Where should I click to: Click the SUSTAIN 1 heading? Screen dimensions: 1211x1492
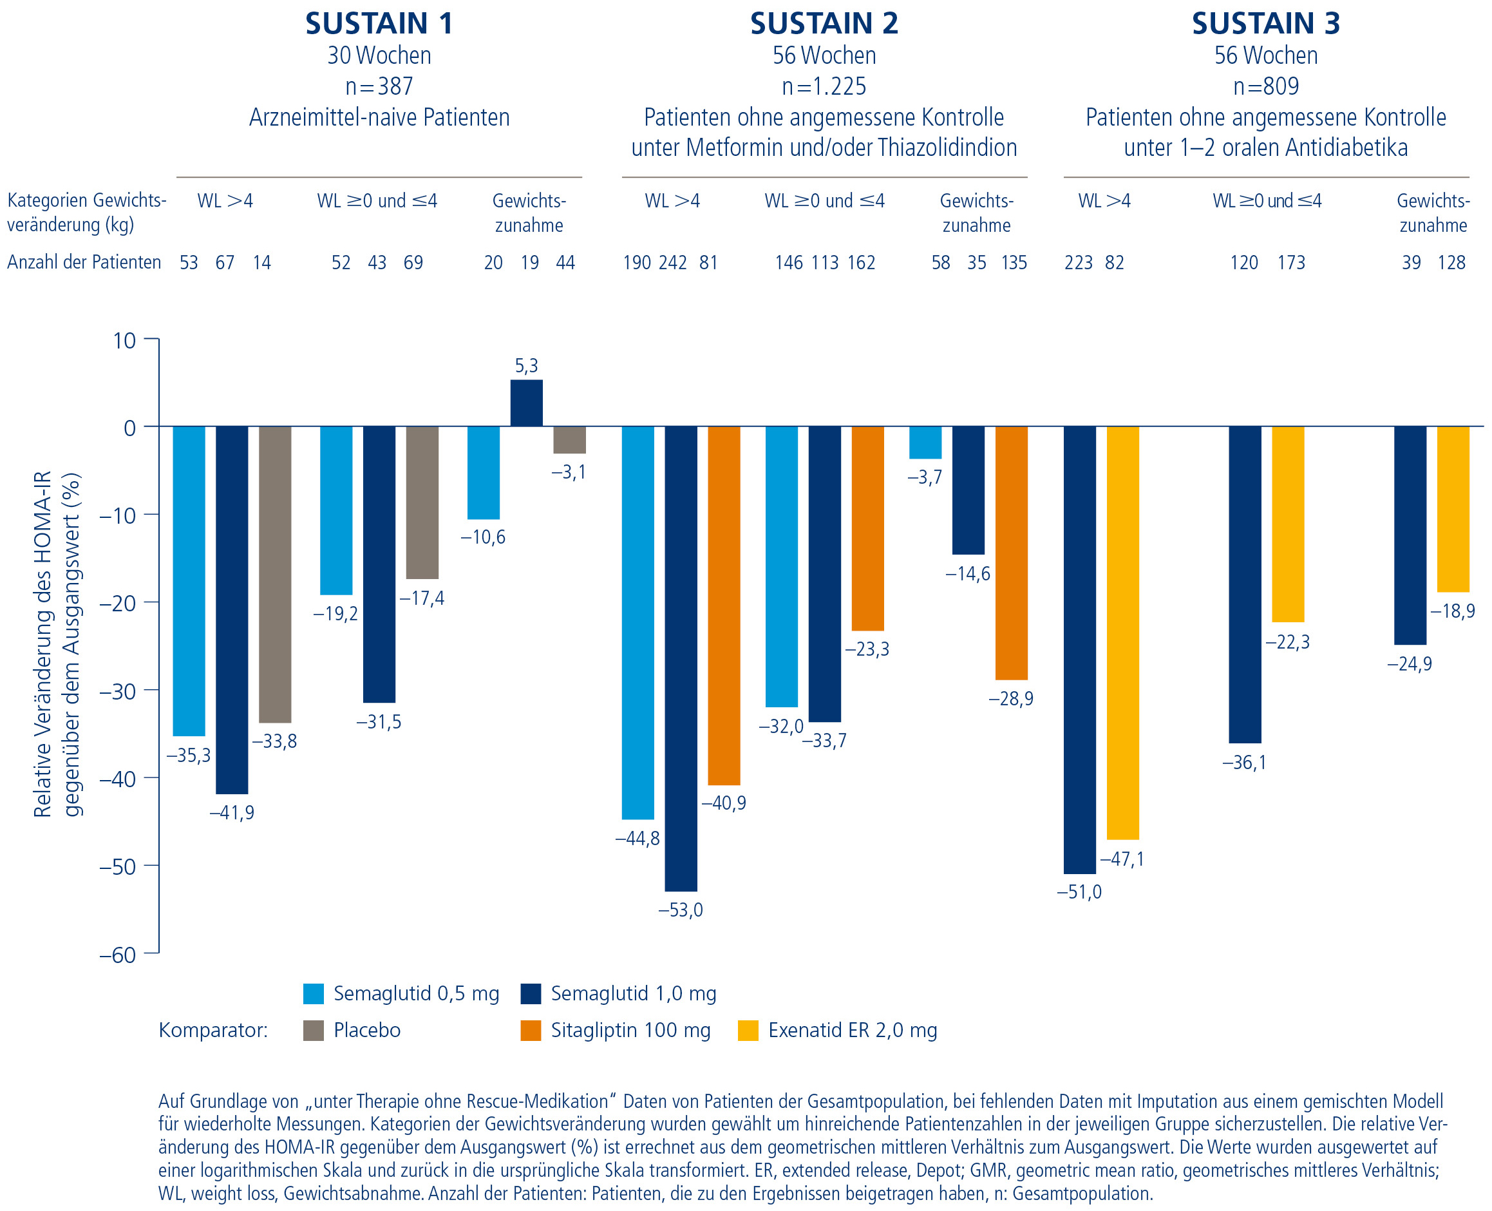[379, 23]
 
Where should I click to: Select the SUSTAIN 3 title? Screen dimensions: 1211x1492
[1265, 23]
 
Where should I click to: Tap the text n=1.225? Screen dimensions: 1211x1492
[824, 86]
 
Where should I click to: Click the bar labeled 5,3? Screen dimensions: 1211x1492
[526, 403]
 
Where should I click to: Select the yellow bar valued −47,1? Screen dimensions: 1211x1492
[1122, 632]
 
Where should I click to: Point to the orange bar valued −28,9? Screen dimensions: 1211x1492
[1011, 553]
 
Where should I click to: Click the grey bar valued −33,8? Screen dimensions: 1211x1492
[275, 574]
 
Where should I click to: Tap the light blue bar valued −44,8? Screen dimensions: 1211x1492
[637, 622]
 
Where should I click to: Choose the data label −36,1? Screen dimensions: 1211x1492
[1244, 763]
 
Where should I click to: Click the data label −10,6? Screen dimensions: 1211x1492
[482, 537]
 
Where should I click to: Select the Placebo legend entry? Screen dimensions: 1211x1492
[367, 1031]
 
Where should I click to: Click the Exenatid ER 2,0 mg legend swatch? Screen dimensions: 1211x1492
[748, 1031]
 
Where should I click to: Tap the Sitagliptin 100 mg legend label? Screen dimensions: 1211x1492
[630, 1031]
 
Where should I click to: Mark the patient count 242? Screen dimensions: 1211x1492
[672, 262]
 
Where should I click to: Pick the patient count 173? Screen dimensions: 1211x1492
[1290, 262]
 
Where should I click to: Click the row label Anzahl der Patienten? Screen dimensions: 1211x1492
[84, 262]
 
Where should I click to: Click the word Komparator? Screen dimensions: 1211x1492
[212, 1031]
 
